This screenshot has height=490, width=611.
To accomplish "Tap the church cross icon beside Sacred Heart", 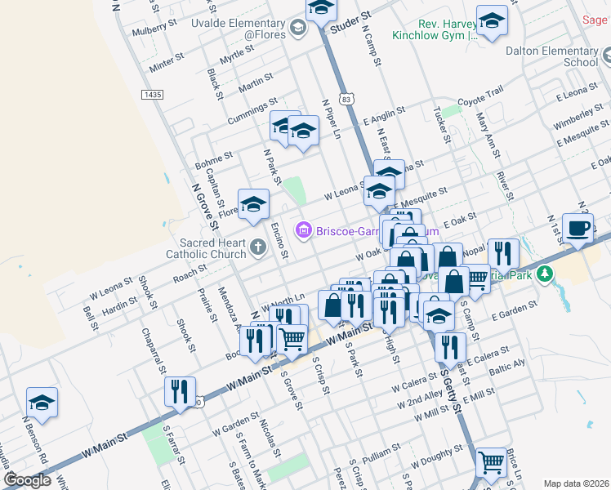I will [x=258, y=247].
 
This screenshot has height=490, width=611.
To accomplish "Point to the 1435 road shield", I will [x=152, y=95].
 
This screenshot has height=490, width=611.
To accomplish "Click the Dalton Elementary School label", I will [x=552, y=56].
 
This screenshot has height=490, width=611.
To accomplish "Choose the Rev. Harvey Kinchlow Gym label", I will [x=446, y=30].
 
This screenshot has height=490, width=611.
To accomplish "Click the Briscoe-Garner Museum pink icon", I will [x=304, y=231].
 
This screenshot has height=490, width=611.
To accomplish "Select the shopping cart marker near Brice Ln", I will [x=491, y=463].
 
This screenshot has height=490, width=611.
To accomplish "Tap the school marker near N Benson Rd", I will [x=42, y=403].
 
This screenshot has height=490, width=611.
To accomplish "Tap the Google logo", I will [x=27, y=481].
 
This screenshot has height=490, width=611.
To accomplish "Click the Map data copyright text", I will [x=576, y=483].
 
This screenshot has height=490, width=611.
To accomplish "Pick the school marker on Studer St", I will [x=322, y=10].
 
